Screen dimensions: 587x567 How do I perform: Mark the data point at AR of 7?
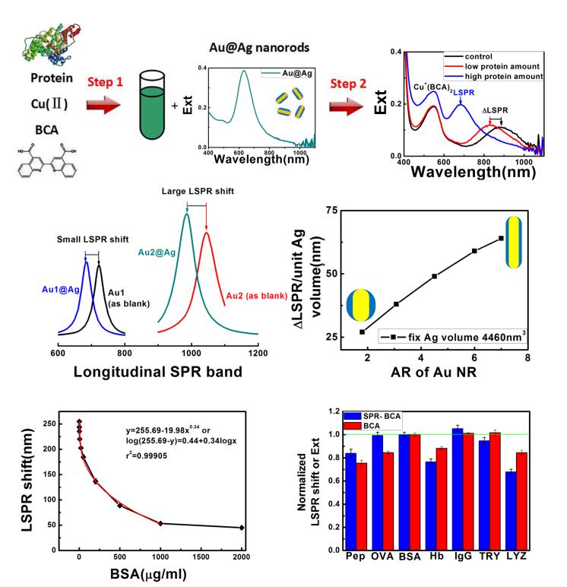coord(502,238)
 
